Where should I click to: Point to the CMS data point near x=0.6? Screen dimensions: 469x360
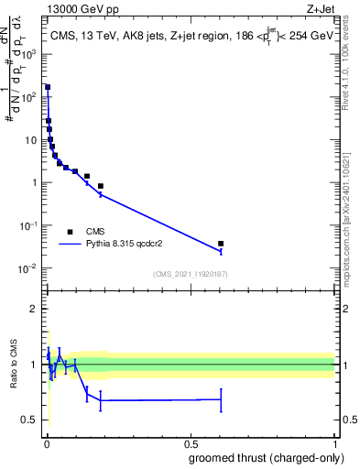coord(221,244)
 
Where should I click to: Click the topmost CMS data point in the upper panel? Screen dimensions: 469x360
coord(48,88)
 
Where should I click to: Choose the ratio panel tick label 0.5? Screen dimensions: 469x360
coord(29,420)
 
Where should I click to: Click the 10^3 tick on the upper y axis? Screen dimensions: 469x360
coord(27,54)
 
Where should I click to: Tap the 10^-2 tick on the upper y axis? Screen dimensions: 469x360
coord(27,268)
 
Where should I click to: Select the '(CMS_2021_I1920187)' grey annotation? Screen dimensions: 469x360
coord(191,274)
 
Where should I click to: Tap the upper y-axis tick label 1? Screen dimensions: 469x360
coord(34,182)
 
